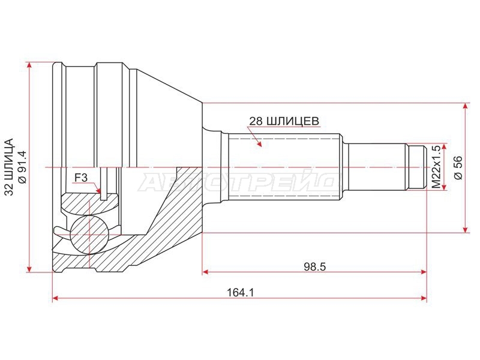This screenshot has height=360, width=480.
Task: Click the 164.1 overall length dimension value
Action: point(241,293)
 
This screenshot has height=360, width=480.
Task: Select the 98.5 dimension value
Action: point(314,266)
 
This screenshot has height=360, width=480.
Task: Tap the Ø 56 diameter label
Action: point(458,168)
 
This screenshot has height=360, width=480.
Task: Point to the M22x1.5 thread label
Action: point(436,167)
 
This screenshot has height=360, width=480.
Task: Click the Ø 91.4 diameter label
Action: point(23,167)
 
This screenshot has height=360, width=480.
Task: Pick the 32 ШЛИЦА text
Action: point(10,167)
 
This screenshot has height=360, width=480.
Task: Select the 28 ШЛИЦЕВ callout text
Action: point(284,121)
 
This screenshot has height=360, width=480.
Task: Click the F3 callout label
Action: point(81,177)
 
